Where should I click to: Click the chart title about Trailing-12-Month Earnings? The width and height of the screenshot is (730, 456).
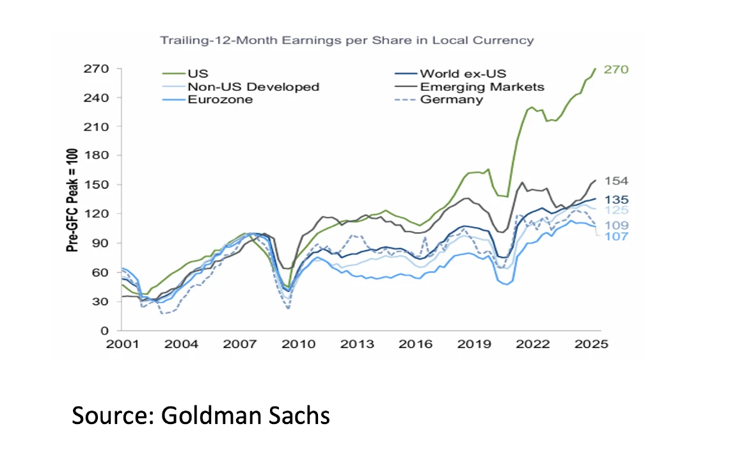pos(346,40)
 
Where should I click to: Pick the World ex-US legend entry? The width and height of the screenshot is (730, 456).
pos(463,74)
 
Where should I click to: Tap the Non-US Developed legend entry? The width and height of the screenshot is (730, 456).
pos(253,87)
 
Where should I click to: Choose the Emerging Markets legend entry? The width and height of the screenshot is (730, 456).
pos(482,87)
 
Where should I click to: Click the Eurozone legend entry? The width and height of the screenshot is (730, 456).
pos(220,100)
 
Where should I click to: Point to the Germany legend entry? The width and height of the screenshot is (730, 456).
pos(451,100)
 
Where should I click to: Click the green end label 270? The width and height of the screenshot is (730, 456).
pos(616,69)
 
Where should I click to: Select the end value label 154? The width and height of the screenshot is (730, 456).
pos(615,182)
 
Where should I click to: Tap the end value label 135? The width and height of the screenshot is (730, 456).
pos(615,199)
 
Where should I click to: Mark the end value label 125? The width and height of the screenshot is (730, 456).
pos(615,210)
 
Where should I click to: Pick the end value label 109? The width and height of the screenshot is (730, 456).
pos(615,225)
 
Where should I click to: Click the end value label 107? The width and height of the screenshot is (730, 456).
pos(615,237)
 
